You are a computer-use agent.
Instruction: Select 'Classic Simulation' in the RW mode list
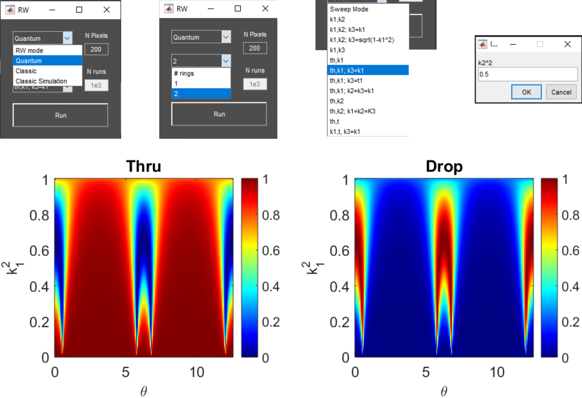pyautogui.click(x=41, y=81)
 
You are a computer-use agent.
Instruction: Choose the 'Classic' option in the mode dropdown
pyautogui.click(x=26, y=71)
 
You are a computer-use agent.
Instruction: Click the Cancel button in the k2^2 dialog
pyautogui.click(x=561, y=92)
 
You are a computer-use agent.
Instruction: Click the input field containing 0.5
pyautogui.click(x=527, y=74)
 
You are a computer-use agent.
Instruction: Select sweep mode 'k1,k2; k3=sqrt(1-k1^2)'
pyautogui.click(x=362, y=40)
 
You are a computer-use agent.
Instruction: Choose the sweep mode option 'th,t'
pyautogui.click(x=334, y=121)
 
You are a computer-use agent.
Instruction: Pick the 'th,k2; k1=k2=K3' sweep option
pyautogui.click(x=353, y=111)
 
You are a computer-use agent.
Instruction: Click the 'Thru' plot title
pyautogui.click(x=144, y=166)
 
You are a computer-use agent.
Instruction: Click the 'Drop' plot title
pyautogui.click(x=444, y=166)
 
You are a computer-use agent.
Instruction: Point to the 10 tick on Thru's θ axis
pyautogui.click(x=197, y=372)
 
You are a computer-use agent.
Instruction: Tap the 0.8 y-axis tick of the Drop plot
pyautogui.click(x=339, y=215)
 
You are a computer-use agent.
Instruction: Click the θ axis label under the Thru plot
pyautogui.click(x=144, y=391)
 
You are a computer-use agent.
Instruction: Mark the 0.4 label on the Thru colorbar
pyautogui.click(x=271, y=287)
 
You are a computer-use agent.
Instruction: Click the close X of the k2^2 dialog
pyautogui.click(x=567, y=44)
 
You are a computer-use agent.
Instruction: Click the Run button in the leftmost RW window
pyautogui.click(x=60, y=115)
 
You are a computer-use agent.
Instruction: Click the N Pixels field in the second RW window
pyautogui.click(x=255, y=48)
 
